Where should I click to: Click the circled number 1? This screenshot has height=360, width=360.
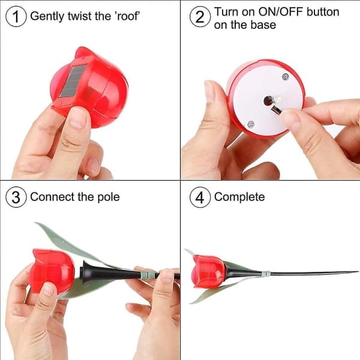pos(16,16)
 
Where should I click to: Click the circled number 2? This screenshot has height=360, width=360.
pos(200,16)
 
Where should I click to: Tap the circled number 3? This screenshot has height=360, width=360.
pos(16,197)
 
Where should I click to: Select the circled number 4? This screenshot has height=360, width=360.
pos(200,197)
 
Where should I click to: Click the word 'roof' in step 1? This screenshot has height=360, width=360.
pos(128,16)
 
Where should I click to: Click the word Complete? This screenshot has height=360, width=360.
pos(239,197)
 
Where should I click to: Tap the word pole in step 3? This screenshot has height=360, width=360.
pos(109,197)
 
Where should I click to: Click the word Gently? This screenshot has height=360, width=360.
pos(47,17)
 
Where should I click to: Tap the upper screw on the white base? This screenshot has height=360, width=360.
pos(286,77)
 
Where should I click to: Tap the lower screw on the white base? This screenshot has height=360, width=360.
pos(251,124)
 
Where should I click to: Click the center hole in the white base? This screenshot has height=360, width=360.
pos(268,101)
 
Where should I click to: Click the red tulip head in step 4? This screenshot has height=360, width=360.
pos(208,272)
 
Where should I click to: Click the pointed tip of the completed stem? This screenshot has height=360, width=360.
pos(358,272)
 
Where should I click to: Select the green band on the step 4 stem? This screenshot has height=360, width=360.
pos(266,274)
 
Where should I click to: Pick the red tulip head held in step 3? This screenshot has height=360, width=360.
pos(52,271)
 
